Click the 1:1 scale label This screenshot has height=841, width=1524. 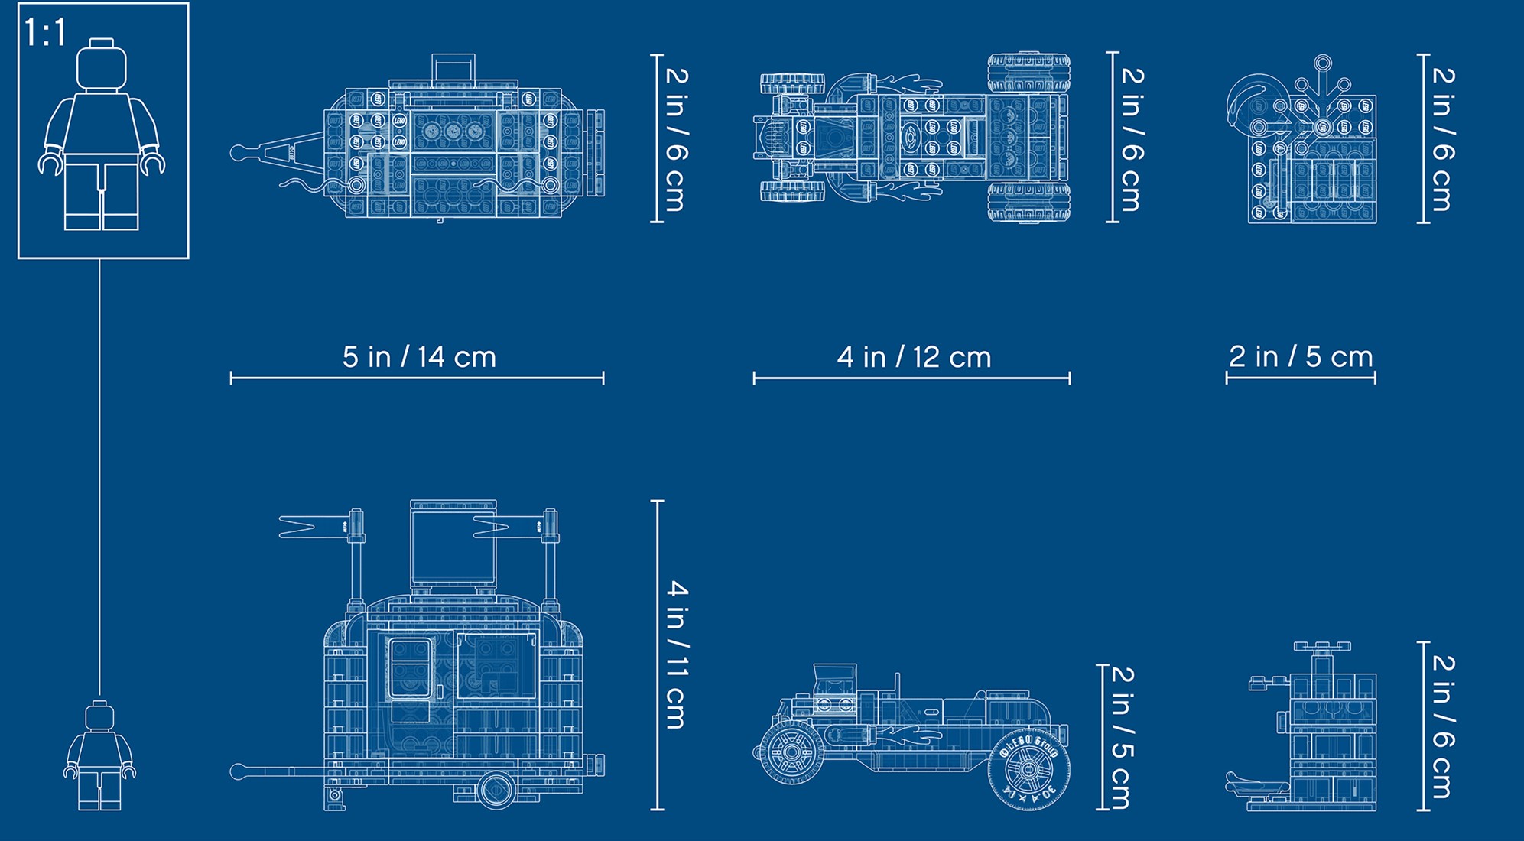tap(46, 33)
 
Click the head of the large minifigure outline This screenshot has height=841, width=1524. tap(102, 63)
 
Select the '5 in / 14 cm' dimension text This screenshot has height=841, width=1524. tap(419, 357)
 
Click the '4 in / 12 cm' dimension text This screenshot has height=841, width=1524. tap(914, 357)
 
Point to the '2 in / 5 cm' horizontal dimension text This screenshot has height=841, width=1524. tap(1301, 356)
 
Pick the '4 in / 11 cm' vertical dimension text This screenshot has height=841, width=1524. tap(677, 654)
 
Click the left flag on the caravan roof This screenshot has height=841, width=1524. tap(314, 526)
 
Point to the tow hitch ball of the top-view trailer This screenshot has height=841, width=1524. tap(238, 153)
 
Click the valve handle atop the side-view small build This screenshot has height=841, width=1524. tap(1321, 648)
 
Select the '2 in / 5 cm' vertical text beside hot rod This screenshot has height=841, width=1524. tap(1122, 737)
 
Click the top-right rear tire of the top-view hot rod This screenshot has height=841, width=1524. tap(1028, 72)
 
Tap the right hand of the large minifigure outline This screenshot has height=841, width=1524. tap(153, 163)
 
